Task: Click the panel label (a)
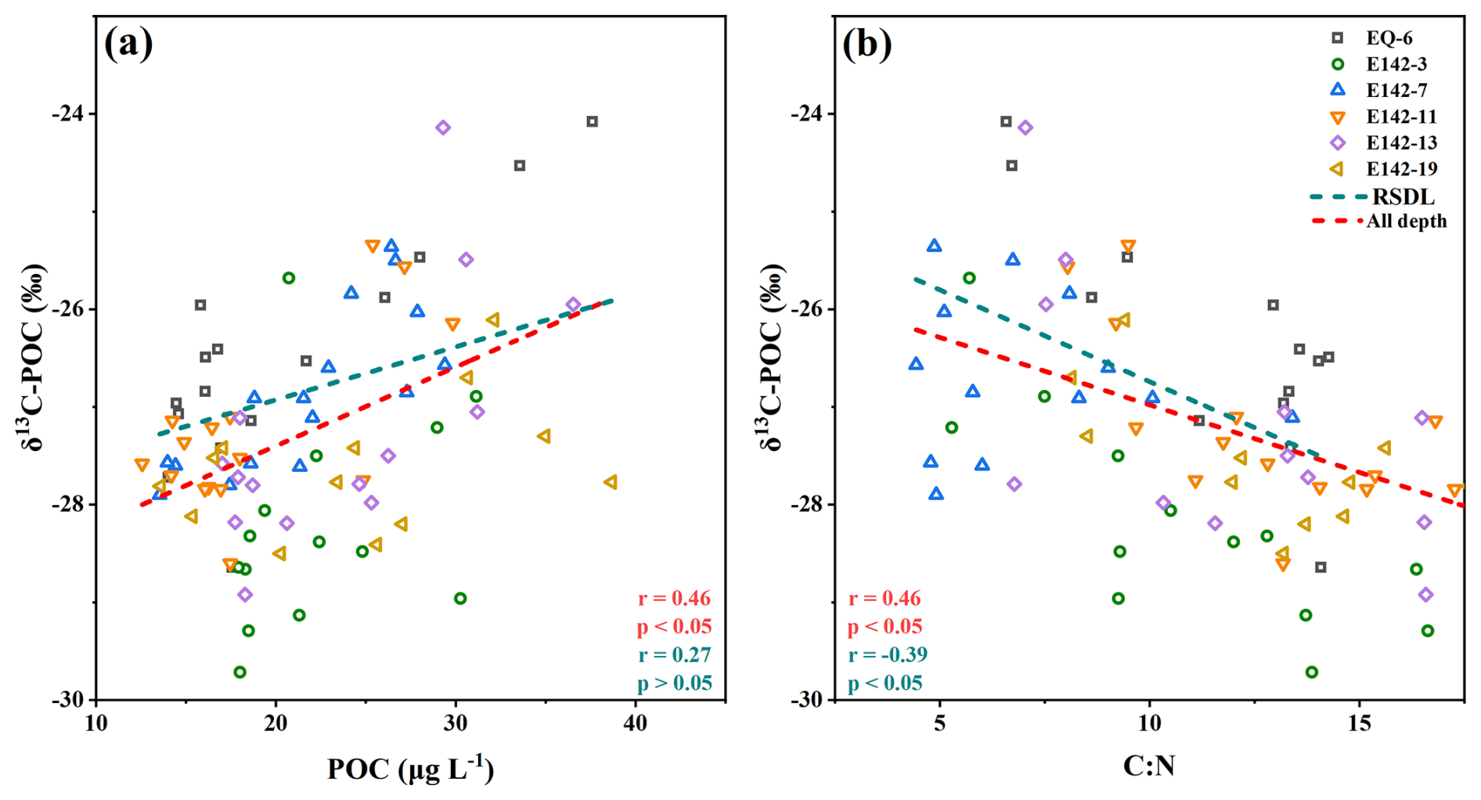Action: [x=128, y=44]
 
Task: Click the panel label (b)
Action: [x=867, y=44]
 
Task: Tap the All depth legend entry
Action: [x=1406, y=222]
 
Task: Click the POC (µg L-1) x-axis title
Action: [x=410, y=769]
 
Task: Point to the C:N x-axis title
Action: [x=1148, y=766]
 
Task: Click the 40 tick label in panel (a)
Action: [x=635, y=723]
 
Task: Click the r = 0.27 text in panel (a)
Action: [x=674, y=654]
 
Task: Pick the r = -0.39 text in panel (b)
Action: [x=888, y=654]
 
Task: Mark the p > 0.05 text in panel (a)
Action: [x=674, y=683]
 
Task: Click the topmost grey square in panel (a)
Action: [x=593, y=121]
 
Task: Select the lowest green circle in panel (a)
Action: [x=240, y=672]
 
